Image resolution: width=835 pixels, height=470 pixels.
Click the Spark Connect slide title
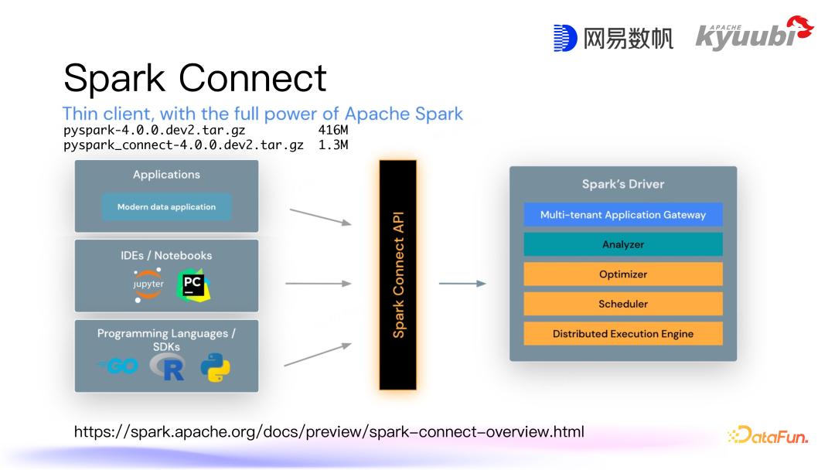(x=195, y=78)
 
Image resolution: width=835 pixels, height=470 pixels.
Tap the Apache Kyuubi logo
(x=754, y=34)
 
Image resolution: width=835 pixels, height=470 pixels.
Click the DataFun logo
(x=768, y=436)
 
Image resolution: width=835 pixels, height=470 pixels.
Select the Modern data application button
(x=166, y=207)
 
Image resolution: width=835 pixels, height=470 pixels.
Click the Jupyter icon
(x=148, y=284)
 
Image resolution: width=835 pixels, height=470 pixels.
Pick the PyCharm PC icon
(x=193, y=285)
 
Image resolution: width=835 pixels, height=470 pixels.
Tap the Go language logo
(x=118, y=366)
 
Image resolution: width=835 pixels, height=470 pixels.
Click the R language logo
(x=169, y=367)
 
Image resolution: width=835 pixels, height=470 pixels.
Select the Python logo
(x=215, y=367)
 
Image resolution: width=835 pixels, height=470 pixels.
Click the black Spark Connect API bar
(x=398, y=275)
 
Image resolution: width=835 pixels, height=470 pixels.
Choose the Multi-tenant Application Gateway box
(x=622, y=215)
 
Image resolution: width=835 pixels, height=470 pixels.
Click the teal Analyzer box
(x=622, y=244)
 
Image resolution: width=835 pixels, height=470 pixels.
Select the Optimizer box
(x=622, y=274)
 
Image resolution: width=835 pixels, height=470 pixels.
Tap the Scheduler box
(x=622, y=304)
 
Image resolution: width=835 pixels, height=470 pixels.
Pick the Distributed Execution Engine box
(x=622, y=334)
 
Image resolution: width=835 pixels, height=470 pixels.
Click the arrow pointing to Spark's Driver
(x=462, y=284)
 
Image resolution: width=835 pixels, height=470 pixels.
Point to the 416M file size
(x=333, y=130)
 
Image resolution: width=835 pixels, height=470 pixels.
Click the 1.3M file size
(x=333, y=145)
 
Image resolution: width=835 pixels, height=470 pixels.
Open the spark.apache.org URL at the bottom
(x=329, y=431)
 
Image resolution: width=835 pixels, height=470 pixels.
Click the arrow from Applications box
(x=320, y=216)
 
